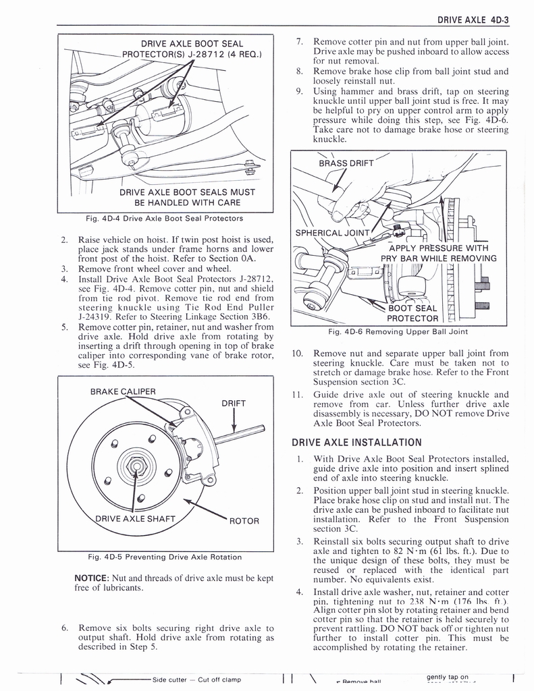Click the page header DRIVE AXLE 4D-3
click(473, 20)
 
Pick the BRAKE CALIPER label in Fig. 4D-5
click(122, 391)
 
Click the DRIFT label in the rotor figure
click(233, 404)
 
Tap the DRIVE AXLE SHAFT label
click(134, 519)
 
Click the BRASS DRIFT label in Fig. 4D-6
click(346, 164)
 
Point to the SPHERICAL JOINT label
click(333, 233)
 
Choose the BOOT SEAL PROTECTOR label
click(412, 314)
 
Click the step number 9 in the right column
click(299, 90)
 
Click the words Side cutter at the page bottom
click(169, 679)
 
